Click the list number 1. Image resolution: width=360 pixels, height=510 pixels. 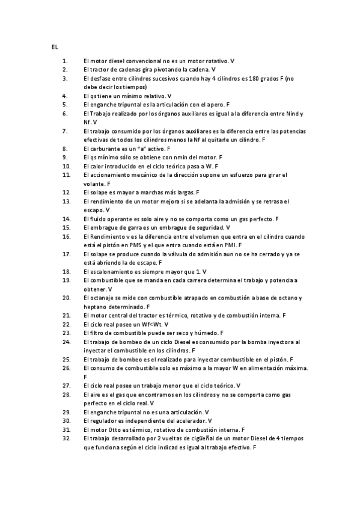pos(65,61)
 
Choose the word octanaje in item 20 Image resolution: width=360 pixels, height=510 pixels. pos(103,298)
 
